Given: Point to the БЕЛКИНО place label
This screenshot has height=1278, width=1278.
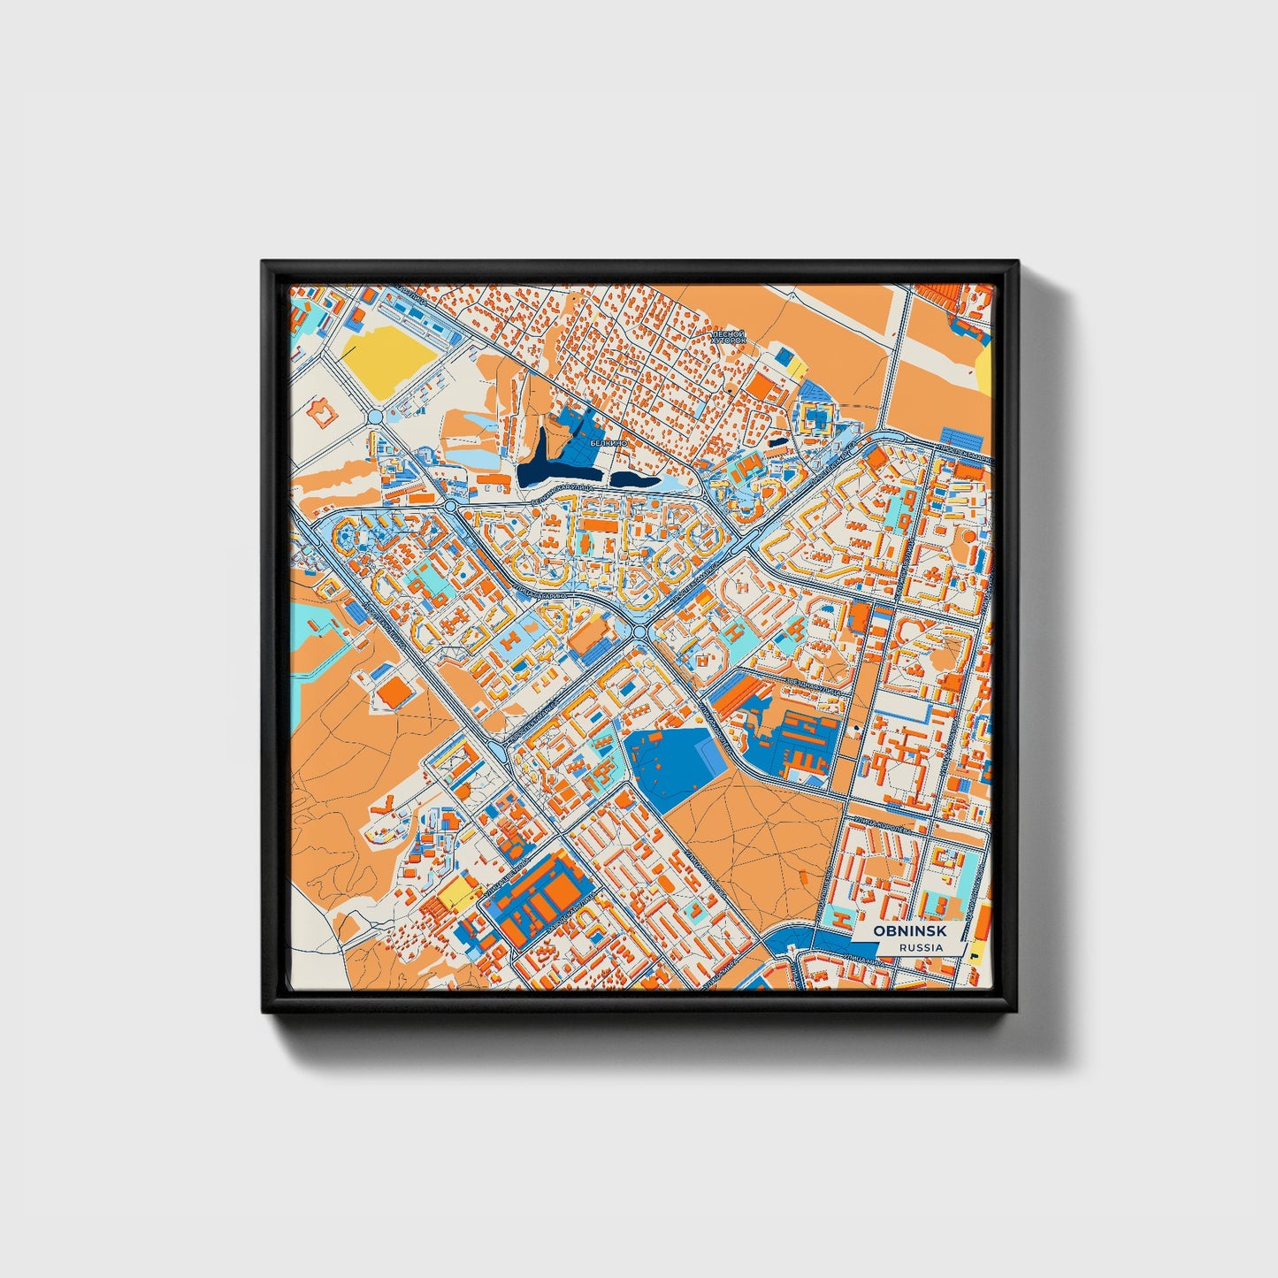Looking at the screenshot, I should pyautogui.click(x=609, y=442).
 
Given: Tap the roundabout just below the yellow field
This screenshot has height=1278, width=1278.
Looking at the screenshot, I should pyautogui.click(x=374, y=416).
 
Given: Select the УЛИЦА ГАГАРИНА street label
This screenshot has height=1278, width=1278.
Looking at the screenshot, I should pyautogui.click(x=540, y=585).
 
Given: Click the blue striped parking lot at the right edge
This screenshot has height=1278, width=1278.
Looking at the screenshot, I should pyautogui.click(x=961, y=439).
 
